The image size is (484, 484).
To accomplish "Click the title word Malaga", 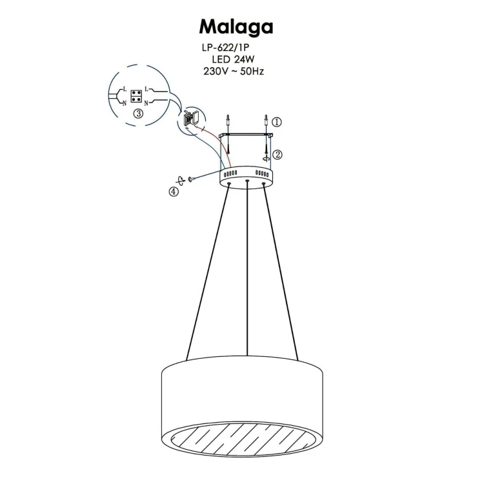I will (x=236, y=26).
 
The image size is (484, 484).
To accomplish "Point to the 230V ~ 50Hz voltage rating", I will (x=233, y=71).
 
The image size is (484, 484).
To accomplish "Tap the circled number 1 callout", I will (x=277, y=121).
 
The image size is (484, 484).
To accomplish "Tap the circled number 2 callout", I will (x=277, y=154).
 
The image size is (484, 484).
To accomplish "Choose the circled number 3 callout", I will (x=138, y=114).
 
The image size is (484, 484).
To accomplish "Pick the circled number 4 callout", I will (x=174, y=191).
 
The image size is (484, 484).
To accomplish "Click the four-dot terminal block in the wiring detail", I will (x=136, y=96).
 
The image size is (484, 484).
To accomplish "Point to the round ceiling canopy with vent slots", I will (x=247, y=176).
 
